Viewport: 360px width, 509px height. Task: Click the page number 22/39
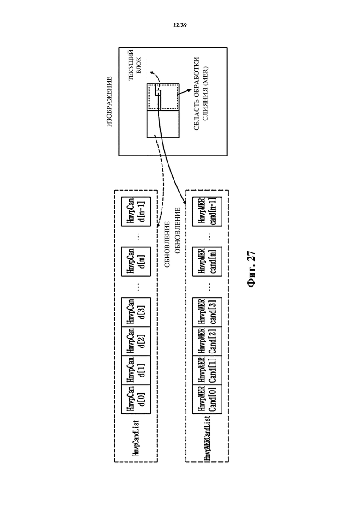pyautogui.click(x=180, y=25)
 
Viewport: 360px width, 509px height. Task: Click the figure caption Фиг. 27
pyautogui.click(x=252, y=269)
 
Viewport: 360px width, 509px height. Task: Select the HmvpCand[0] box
pyautogui.click(x=136, y=400)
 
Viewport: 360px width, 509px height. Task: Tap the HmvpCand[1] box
pyautogui.click(x=136, y=371)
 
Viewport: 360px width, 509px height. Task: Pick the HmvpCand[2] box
pyautogui.click(x=136, y=341)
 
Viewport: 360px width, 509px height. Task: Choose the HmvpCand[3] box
pyautogui.click(x=136, y=312)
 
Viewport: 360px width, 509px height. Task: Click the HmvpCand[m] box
pyautogui.click(x=136, y=262)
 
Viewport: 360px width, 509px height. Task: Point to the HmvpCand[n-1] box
pyautogui.click(x=136, y=211)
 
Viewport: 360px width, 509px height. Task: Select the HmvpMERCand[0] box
pyautogui.click(x=207, y=400)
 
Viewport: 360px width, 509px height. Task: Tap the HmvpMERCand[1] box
pyautogui.click(x=207, y=371)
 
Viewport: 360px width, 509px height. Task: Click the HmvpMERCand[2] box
pyautogui.click(x=207, y=341)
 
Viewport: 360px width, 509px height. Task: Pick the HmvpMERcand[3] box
pyautogui.click(x=207, y=312)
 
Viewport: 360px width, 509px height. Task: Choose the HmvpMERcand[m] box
pyautogui.click(x=207, y=262)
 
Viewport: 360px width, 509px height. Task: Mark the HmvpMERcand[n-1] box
pyautogui.click(x=207, y=211)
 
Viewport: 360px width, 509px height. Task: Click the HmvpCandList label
pyautogui.click(x=136, y=438)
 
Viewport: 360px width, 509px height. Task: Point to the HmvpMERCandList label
pyautogui.click(x=207, y=438)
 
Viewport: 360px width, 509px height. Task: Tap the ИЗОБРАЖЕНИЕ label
pyautogui.click(x=109, y=101)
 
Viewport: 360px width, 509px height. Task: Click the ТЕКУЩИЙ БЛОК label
pyautogui.click(x=134, y=65)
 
